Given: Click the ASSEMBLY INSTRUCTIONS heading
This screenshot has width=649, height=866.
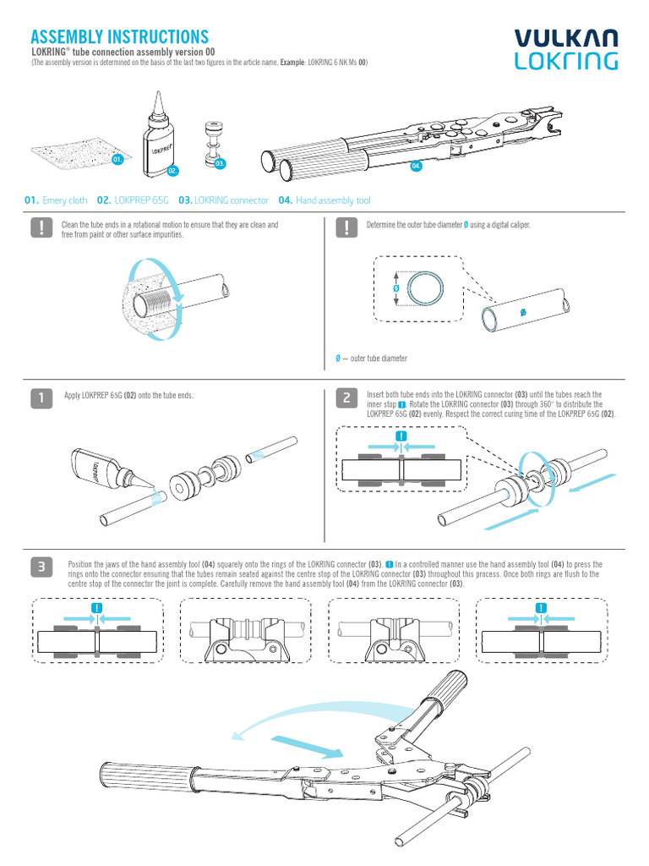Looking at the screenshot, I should tap(119, 36).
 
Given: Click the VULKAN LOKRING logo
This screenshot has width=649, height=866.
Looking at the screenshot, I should tap(566, 49).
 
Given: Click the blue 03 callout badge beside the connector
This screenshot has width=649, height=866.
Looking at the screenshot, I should tap(220, 162).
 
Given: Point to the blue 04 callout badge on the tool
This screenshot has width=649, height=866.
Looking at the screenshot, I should tap(416, 166).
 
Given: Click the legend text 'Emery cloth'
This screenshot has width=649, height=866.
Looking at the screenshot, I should tap(65, 200).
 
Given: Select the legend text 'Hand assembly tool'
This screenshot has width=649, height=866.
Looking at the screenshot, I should tap(333, 200).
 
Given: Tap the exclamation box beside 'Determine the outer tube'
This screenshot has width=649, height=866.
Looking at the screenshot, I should tap(346, 228).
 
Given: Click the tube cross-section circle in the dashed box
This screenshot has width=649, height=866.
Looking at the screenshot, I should tap(420, 288).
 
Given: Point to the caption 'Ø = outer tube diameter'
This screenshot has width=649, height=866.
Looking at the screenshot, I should tap(372, 359).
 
